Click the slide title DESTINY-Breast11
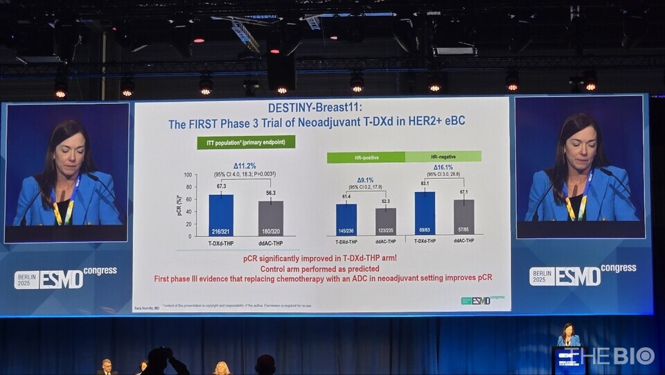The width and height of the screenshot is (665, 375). pos(316,107)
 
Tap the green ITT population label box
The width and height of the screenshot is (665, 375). pos(246,142)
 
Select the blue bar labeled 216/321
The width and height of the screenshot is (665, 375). pos(221,216)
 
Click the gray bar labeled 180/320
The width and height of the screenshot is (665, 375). pos(271,219)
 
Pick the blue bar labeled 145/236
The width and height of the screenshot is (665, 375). pos(346,220)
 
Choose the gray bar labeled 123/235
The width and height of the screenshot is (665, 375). pos(386,222)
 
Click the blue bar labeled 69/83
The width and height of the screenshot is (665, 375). pos(425,213)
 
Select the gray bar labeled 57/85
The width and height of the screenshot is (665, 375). pos(464,217)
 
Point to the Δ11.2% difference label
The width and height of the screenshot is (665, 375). pos(245,166)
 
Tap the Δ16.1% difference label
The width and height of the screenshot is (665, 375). pos(443,167)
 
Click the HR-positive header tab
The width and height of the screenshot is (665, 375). pos(366,158)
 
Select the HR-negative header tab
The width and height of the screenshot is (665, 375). pos(443,157)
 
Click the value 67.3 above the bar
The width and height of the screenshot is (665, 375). pos(222,186)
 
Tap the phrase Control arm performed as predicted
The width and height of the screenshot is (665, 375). pos(320,268)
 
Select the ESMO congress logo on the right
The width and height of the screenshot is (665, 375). pos(583,274)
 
